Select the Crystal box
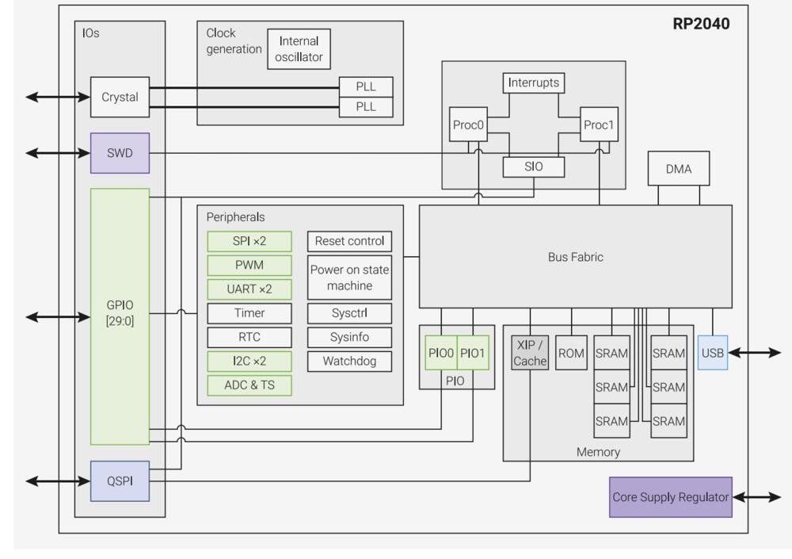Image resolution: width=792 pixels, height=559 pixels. tap(120, 97)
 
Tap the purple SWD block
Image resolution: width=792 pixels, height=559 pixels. tap(120, 153)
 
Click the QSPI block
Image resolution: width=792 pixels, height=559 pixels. tap(120, 481)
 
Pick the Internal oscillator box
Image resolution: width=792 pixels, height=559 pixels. tap(299, 48)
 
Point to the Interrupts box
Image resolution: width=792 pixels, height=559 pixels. tap(533, 83)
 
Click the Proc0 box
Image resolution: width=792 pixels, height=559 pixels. tap(467, 124)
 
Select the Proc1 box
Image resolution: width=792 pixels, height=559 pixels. tap(599, 124)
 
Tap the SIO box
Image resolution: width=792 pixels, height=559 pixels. tap(533, 167)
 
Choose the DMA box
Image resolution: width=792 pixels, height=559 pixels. tap(679, 169)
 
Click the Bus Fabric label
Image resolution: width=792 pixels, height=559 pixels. tap(574, 257)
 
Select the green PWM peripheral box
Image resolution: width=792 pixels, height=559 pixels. tap(249, 265)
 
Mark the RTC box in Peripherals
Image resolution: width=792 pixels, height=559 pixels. tap(249, 337)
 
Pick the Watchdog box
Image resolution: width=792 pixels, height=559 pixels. tap(350, 361)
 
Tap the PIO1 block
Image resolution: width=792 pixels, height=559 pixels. tap(472, 354)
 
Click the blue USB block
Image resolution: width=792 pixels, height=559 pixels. tap(713, 353)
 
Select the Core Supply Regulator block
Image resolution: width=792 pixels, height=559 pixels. tap(670, 497)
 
